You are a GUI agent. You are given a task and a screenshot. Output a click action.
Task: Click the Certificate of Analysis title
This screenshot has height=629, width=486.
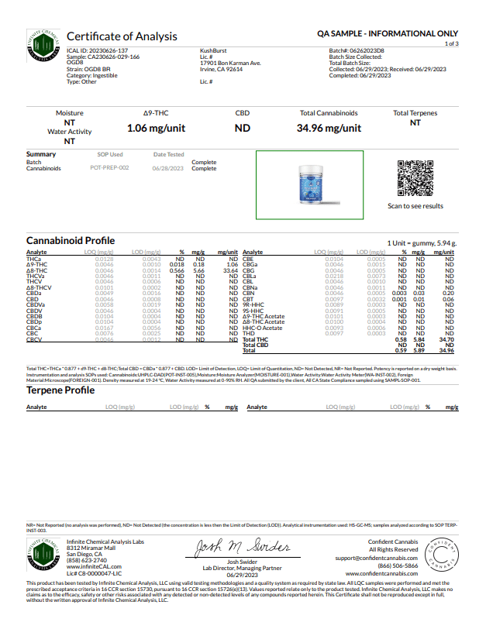pyautogui.click(x=122, y=36)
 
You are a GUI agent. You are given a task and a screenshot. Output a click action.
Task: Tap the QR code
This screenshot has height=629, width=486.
pyautogui.click(x=415, y=178)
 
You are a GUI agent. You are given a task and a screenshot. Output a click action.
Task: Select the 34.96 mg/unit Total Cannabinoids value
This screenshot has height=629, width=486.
pyautogui.click(x=329, y=129)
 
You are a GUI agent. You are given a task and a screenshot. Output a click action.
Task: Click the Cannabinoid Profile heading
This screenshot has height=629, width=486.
pyautogui.click(x=71, y=241)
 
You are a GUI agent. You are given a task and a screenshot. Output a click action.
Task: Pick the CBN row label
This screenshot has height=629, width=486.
pyautogui.click(x=249, y=294)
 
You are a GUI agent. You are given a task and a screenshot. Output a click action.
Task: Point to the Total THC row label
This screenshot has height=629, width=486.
pyautogui.click(x=255, y=340)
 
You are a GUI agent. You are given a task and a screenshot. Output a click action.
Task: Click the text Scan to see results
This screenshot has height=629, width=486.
pyautogui.click(x=415, y=206)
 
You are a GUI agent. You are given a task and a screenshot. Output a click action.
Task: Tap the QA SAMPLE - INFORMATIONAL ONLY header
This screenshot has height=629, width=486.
pyautogui.click(x=388, y=34)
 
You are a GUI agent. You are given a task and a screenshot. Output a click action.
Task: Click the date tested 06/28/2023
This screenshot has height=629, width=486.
pyautogui.click(x=168, y=168)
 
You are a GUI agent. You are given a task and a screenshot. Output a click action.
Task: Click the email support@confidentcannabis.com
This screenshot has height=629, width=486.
pyautogui.click(x=363, y=558)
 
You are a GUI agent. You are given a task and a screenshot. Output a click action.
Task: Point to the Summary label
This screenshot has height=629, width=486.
pyautogui.click(x=41, y=154)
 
